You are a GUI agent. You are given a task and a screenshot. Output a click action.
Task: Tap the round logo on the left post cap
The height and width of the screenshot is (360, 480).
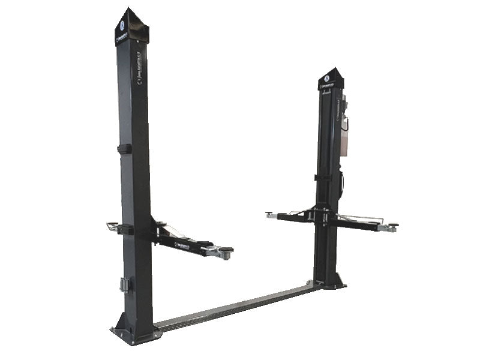[x=122, y=26]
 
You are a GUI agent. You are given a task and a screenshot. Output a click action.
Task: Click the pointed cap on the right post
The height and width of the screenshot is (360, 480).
[x=331, y=79]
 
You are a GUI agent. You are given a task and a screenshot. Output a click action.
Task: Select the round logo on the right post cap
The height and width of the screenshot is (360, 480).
[x=326, y=77]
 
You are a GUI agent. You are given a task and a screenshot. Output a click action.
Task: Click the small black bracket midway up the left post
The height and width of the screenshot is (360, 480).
[x=125, y=149]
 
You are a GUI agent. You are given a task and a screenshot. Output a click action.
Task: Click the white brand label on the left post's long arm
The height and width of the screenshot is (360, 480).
[x=183, y=244]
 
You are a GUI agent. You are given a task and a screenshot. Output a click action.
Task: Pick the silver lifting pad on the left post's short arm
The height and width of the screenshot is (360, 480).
[x=112, y=226]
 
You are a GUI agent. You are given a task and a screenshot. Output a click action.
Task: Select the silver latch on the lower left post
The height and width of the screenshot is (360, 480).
[x=125, y=284]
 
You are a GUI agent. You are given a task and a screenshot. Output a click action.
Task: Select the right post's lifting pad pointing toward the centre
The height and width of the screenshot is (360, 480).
[x=271, y=214]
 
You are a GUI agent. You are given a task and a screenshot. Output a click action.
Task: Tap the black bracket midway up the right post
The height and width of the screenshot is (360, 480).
[x=323, y=178]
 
